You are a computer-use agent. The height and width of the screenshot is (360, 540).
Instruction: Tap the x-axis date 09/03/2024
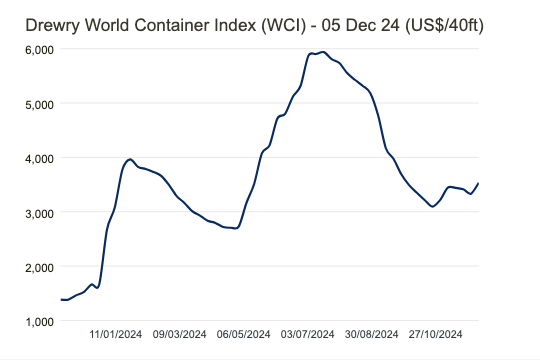click(x=180, y=335)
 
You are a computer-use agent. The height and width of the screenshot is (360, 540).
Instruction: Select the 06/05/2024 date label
click(x=243, y=335)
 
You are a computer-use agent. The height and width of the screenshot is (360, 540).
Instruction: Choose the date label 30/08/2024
click(x=372, y=335)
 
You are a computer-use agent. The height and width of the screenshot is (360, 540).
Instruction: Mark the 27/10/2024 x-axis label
click(x=436, y=335)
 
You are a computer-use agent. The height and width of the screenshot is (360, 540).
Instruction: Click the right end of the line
click(x=479, y=183)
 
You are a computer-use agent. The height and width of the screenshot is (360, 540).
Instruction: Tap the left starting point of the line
click(x=61, y=299)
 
